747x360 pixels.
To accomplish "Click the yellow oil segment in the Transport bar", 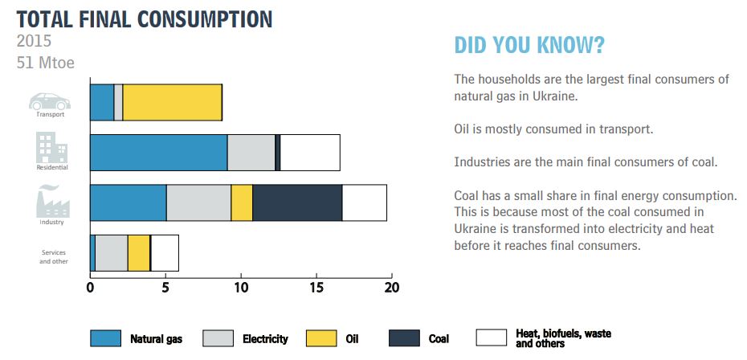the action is click(x=173, y=103).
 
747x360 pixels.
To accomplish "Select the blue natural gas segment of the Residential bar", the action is click(x=159, y=153).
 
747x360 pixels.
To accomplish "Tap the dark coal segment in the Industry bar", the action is click(x=297, y=202).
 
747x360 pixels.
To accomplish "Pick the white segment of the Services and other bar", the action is click(x=165, y=253).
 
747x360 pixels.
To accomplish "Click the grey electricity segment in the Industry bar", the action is click(x=198, y=202).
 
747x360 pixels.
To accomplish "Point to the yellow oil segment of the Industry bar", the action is click(x=242, y=202).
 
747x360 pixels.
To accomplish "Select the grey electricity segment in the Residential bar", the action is click(x=251, y=153).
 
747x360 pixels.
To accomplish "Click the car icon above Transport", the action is click(x=50, y=101).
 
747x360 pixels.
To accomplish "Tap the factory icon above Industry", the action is click(x=53, y=200).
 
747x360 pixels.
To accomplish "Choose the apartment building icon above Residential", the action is click(x=52, y=148).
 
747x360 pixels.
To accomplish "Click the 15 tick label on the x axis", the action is click(x=316, y=288).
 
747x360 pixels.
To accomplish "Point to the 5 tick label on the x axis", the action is click(x=165, y=288).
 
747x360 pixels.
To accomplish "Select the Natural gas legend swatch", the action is click(x=105, y=338).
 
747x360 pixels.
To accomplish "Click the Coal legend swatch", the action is click(x=405, y=338).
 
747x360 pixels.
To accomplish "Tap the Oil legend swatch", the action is click(x=320, y=338).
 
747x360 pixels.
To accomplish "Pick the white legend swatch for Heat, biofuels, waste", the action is click(x=491, y=338).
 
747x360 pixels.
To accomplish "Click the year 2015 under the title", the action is click(x=34, y=40).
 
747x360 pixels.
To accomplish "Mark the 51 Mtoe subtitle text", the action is click(x=46, y=63).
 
